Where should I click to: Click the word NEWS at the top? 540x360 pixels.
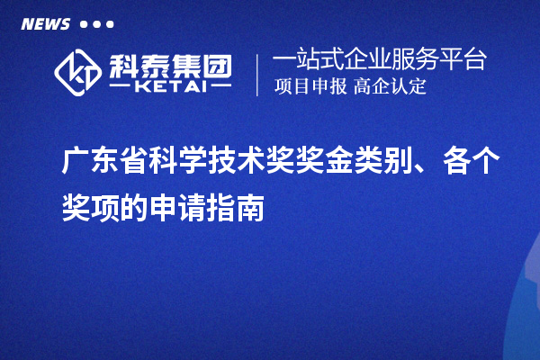[45, 24]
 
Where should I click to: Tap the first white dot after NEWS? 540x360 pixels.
[84, 24]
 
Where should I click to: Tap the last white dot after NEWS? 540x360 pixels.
[110, 24]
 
